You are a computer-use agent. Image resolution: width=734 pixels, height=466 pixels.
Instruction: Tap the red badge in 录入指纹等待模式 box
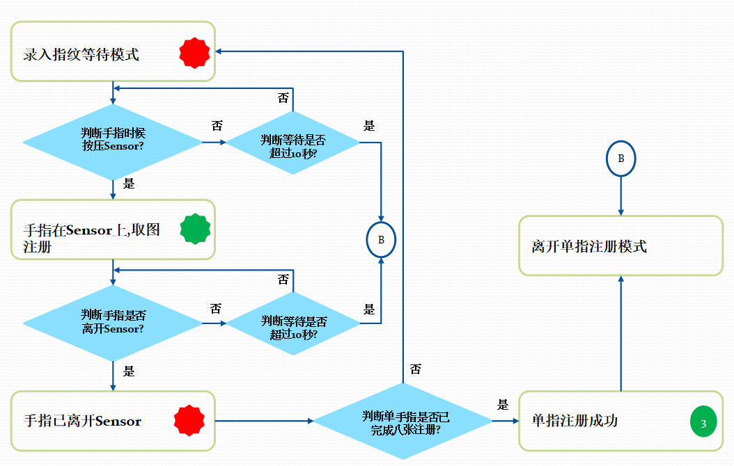click(195, 52)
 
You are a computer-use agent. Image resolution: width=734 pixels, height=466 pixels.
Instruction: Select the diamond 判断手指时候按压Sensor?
click(112, 143)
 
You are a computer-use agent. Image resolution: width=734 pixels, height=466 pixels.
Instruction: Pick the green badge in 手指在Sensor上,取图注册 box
click(195, 230)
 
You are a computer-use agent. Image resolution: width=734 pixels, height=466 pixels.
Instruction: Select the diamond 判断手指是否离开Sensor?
click(112, 322)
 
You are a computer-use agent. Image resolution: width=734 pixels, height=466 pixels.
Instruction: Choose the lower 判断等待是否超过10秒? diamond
click(293, 323)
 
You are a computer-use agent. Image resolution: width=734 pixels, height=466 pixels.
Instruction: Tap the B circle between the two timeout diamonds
click(381, 239)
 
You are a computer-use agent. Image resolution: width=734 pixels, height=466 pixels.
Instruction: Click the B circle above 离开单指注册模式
click(620, 159)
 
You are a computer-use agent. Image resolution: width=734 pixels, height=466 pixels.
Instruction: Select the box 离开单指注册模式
click(620, 246)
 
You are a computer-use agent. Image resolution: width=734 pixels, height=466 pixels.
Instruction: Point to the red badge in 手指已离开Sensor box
click(189, 421)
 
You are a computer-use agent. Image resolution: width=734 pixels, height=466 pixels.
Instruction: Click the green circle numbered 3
click(703, 422)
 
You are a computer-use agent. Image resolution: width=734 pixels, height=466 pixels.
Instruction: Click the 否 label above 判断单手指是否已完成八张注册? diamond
click(416, 369)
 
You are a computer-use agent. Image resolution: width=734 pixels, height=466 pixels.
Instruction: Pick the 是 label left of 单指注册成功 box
click(503, 405)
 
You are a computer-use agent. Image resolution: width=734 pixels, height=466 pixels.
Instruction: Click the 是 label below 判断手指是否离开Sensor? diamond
click(129, 371)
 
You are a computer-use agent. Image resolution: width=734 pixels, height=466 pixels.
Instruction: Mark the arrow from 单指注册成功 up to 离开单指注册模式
click(620, 334)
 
